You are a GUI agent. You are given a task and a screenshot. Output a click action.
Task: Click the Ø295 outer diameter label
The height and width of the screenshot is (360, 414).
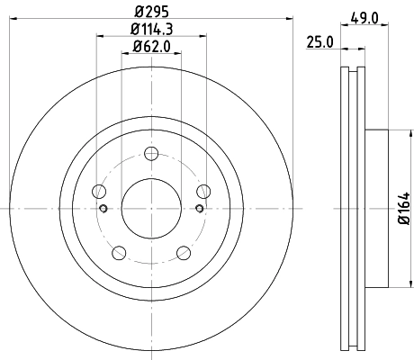click(151, 11)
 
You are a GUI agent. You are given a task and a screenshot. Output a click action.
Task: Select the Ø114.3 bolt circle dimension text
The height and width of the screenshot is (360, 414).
click(151, 30)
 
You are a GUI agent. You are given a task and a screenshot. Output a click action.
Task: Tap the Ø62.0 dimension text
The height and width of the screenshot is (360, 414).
click(151, 46)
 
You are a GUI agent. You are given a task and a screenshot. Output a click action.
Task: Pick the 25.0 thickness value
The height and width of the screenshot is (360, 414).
click(319, 41)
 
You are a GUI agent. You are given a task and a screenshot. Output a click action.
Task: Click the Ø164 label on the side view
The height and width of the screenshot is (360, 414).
click(403, 208)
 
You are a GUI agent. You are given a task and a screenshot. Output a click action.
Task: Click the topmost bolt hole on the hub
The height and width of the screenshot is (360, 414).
click(151, 153)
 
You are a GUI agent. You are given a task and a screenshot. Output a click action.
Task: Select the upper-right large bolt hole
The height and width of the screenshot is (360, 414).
click(203, 190)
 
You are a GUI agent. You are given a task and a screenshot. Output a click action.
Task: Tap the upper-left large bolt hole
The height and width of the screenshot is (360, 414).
click(99, 190)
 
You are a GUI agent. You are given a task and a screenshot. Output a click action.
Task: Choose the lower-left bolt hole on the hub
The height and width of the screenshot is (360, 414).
click(119, 252)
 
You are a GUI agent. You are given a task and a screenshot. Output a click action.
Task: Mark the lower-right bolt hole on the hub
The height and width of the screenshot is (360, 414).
click(184, 252)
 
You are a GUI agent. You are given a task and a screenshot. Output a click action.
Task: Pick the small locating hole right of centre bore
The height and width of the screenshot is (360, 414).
click(199, 209)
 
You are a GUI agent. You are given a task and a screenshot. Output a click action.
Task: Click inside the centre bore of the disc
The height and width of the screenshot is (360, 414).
click(151, 208)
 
